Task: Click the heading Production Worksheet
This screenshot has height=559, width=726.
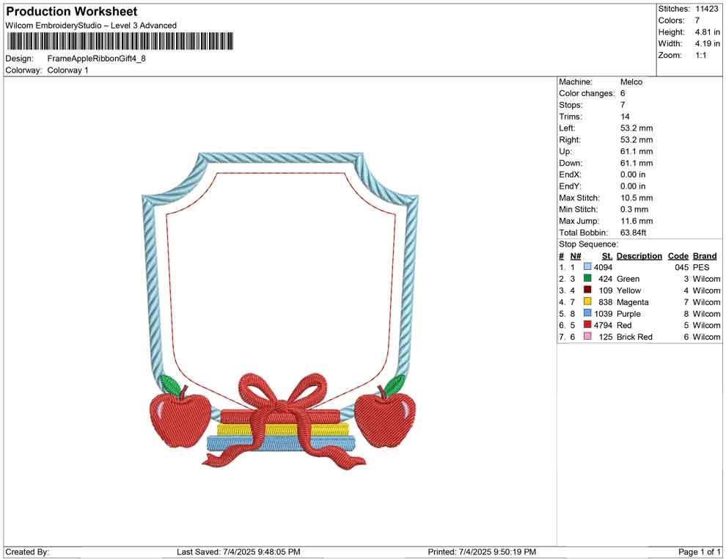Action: pyautogui.click(x=71, y=12)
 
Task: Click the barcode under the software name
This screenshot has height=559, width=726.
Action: pyautogui.click(x=120, y=41)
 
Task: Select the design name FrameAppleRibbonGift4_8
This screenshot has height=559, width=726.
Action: pyautogui.click(x=96, y=59)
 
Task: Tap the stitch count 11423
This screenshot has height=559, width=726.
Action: pyautogui.click(x=706, y=9)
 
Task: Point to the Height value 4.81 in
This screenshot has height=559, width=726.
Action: pyautogui.click(x=707, y=32)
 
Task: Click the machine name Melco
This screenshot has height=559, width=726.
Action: pyautogui.click(x=631, y=82)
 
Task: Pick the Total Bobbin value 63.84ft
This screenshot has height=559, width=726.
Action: pyautogui.click(x=633, y=233)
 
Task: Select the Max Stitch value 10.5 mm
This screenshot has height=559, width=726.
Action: pyautogui.click(x=637, y=198)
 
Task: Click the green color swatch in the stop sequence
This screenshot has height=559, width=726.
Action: pyautogui.click(x=587, y=278)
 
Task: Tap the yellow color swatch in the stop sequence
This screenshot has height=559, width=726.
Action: pyautogui.click(x=587, y=302)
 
